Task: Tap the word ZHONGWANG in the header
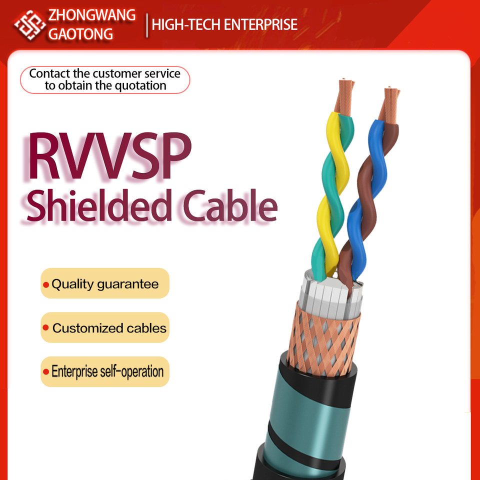91,15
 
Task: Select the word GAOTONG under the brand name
80,34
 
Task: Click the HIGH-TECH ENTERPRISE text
224,24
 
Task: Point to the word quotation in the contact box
140,85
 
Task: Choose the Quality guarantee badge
105,284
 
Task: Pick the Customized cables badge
105,328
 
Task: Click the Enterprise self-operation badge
105,372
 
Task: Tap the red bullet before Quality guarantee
46,285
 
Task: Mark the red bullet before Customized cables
46,328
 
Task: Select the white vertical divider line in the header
146,25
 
